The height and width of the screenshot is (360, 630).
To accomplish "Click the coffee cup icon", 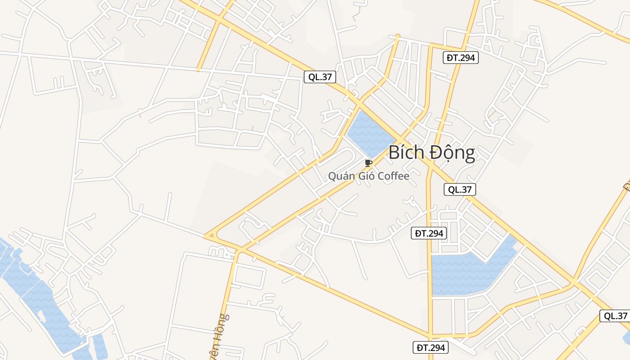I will pyautogui.click(x=369, y=163).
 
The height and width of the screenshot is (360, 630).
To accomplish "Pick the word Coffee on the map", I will pyautogui.click(x=393, y=176).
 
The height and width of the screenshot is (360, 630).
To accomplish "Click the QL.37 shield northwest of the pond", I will pyautogui.click(x=320, y=77).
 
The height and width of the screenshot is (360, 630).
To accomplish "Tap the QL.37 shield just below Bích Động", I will pyautogui.click(x=459, y=189).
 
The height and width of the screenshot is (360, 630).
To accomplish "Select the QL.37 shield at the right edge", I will pyautogui.click(x=615, y=315).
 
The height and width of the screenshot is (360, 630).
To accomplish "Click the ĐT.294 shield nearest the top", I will pyautogui.click(x=460, y=58).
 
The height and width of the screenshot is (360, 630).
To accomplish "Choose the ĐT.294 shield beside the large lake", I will pyautogui.click(x=429, y=233).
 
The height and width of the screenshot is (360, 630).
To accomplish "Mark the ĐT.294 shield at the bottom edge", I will pyautogui.click(x=430, y=347).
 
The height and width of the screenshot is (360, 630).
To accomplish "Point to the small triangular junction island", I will pyautogui.click(x=210, y=235).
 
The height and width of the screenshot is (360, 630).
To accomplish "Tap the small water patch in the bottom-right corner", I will pyautogui.click(x=626, y=337).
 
